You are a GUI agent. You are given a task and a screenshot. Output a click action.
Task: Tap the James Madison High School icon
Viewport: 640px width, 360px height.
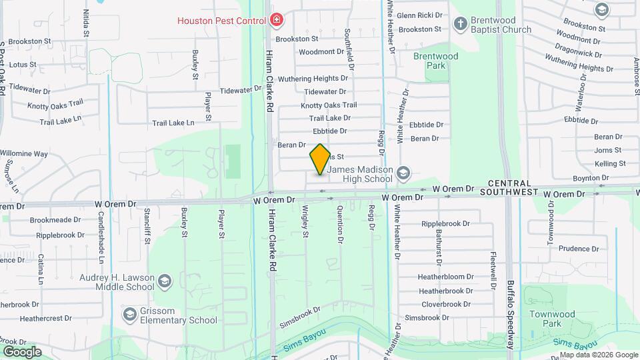[x=403, y=174]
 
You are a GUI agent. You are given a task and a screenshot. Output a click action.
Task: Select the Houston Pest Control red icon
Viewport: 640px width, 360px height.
[x=277, y=21]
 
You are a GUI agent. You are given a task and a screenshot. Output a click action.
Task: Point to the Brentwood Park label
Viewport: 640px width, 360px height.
[x=436, y=61]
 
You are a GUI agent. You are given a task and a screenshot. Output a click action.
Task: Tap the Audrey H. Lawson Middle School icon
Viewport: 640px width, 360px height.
[x=164, y=282]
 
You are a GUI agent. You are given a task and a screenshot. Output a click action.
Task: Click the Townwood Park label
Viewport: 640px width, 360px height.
[x=552, y=319]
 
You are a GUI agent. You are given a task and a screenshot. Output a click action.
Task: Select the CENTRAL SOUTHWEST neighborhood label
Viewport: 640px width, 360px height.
[x=519, y=187]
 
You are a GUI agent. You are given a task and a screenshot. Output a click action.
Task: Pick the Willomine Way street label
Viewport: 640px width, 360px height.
[x=24, y=153]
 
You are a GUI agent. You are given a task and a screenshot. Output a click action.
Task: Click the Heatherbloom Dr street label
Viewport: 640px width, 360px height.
[x=445, y=277]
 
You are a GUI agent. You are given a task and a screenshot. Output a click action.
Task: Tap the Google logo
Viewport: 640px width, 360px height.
[x=22, y=351]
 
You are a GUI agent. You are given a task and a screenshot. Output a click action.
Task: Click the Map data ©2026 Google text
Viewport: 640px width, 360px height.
[x=598, y=355]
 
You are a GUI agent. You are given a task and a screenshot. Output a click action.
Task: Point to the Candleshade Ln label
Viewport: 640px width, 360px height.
[x=101, y=230]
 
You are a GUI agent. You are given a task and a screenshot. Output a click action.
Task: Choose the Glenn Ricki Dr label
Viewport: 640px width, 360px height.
[x=419, y=15]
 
